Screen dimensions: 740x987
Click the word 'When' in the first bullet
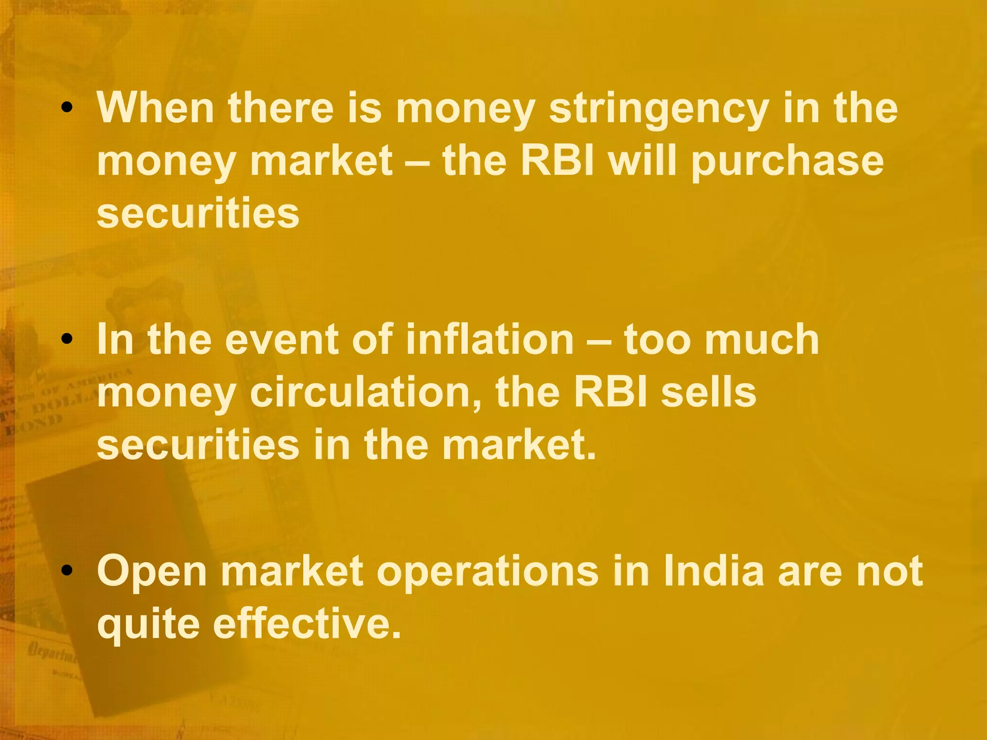(155, 108)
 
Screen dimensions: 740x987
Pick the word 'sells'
(708, 392)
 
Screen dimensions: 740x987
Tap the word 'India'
(714, 571)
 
